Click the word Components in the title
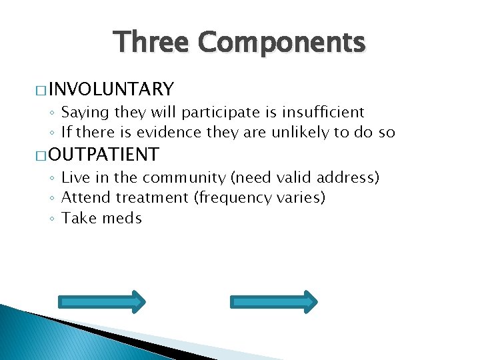pos(281,43)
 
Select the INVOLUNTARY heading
pos(111,89)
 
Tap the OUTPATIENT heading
pos(103,155)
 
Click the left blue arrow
pos(102,301)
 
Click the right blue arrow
pos(274,301)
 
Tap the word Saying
pos(85,113)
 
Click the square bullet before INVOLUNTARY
pos(38,90)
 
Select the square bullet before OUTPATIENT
pos(38,156)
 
